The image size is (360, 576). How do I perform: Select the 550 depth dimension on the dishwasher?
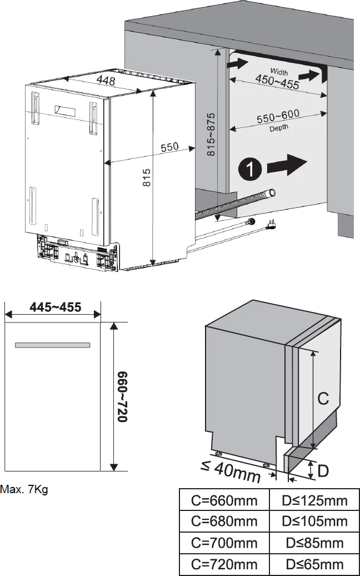pos(169,147)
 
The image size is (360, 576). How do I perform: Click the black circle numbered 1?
pos(251,168)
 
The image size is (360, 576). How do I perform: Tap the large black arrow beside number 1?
pos(287,165)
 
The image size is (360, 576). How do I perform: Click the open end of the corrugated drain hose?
pos(271,193)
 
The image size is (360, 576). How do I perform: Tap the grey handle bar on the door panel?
pos(53,345)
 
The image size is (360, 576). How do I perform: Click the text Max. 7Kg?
pos(24,490)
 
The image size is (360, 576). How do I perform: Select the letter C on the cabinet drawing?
pos(323,398)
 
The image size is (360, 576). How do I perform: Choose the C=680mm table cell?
pos(224,521)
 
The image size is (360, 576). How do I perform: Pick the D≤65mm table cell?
pos(314,564)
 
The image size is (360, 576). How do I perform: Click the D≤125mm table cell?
pos(314,500)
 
